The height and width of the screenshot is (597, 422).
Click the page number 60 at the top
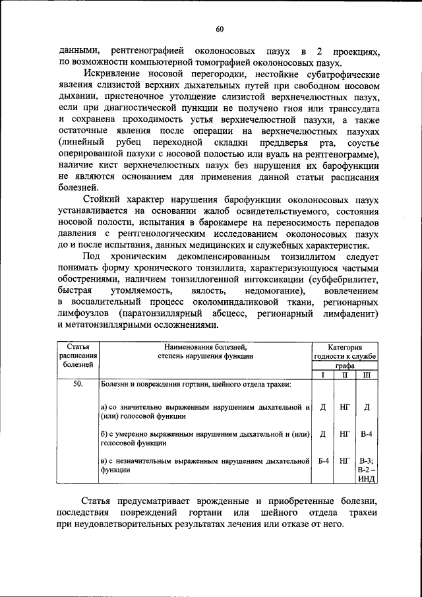220,28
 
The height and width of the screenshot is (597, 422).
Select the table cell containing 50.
78,383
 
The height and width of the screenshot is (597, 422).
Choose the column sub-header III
367,375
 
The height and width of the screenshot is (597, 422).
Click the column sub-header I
323,375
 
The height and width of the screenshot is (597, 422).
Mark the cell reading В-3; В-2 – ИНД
367,470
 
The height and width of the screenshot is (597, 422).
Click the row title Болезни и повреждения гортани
195,383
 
